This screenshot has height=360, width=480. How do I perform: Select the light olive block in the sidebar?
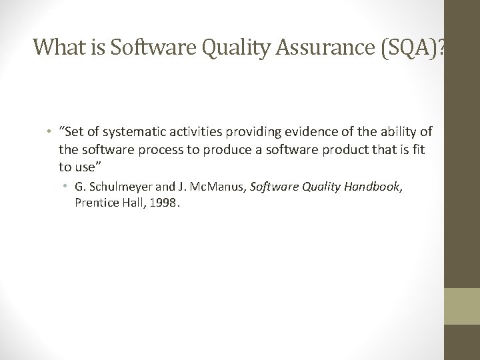pyautogui.click(x=462, y=306)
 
